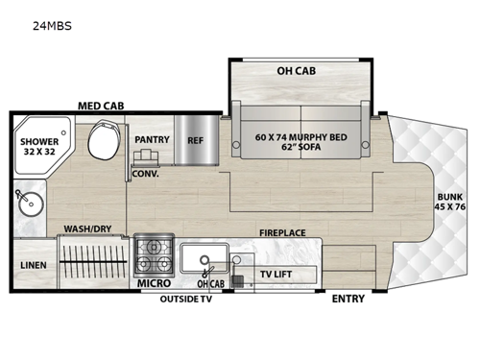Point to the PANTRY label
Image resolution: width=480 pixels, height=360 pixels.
click(x=152, y=140)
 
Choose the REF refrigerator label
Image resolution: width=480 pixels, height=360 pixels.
click(x=195, y=140)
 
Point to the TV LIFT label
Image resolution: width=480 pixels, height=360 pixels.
click(x=277, y=275)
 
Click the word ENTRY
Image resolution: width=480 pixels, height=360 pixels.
click(x=348, y=299)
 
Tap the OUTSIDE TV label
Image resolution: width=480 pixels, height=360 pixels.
click(x=185, y=299)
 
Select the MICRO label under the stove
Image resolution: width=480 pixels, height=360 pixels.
click(x=154, y=283)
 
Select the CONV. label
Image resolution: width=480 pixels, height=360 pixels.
click(x=145, y=174)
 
